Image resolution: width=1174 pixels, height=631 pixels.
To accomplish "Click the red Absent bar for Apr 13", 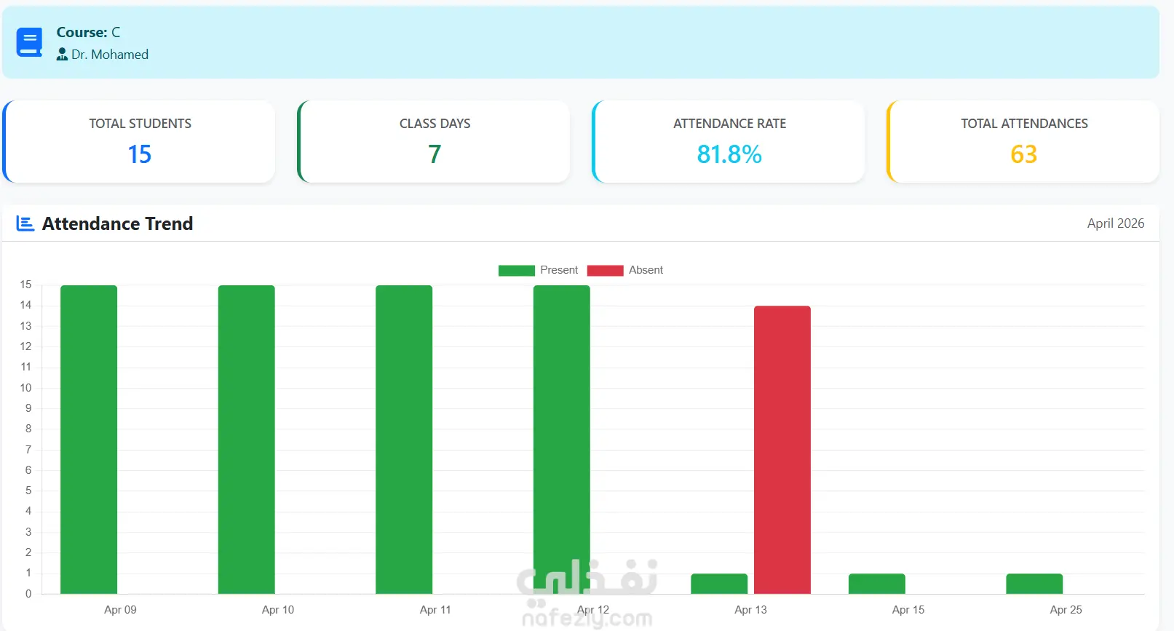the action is tap(782, 450).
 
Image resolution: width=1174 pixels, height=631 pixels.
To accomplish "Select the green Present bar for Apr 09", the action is tap(89, 439).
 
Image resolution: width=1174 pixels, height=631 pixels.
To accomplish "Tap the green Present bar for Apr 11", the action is tap(404, 439).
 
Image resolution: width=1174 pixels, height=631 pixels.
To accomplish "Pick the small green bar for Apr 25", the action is tap(1034, 584).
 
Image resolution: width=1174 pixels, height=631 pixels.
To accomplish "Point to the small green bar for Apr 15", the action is tap(877, 584).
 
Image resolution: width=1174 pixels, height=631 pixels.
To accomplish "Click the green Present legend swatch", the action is tap(516, 271).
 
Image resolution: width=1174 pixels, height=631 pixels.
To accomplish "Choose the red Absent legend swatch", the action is tap(606, 271).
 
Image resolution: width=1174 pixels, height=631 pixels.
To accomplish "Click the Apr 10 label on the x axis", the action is tap(278, 609).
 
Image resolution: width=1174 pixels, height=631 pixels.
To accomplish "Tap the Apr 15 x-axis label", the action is tap(908, 609).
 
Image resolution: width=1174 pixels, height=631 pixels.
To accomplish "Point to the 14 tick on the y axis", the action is tap(25, 305).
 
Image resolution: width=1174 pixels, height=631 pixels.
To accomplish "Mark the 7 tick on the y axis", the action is tap(28, 449).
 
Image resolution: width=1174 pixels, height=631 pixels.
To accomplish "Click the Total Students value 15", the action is tap(140, 154).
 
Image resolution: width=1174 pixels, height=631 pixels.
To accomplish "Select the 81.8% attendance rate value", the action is tap(729, 154).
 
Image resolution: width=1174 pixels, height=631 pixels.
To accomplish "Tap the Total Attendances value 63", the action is tap(1023, 154).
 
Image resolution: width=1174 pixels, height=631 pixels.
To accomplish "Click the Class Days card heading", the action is tap(435, 124).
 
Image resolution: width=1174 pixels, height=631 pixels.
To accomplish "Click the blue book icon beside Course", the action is tap(29, 42).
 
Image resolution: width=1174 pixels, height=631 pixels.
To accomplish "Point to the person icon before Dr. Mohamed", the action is tap(62, 55).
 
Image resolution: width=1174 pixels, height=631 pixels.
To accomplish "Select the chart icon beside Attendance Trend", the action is tap(25, 223).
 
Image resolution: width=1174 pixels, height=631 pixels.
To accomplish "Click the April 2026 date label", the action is tap(1116, 223).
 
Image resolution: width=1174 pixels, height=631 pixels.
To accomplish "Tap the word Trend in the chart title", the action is tap(169, 223).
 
